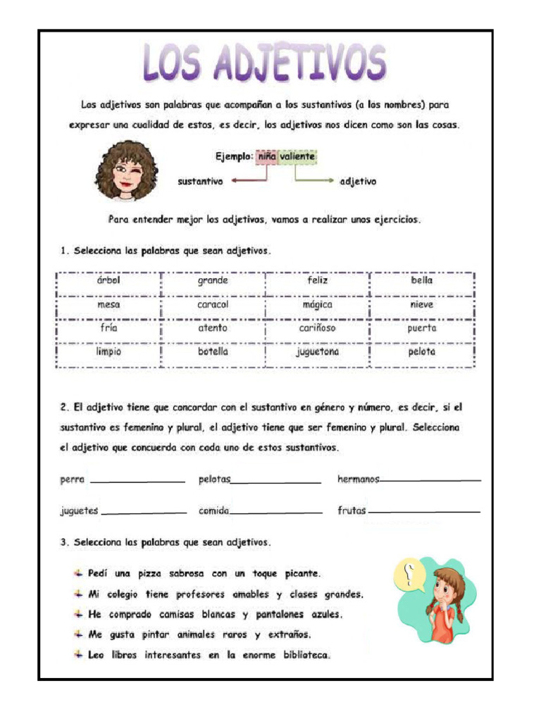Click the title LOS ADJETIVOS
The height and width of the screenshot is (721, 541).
tap(266, 64)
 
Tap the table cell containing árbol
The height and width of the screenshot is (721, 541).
tap(108, 280)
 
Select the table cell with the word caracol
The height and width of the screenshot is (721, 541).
tap(213, 305)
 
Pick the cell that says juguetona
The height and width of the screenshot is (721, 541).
tap(317, 351)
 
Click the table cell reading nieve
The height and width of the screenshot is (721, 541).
tap(421, 305)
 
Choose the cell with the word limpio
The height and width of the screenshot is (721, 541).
tap(108, 351)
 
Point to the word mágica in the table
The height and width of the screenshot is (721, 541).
tap(317, 305)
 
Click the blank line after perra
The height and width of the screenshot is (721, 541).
tap(137, 481)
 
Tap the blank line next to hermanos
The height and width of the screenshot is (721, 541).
tap(430, 481)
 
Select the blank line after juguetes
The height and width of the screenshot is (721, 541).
tap(144, 513)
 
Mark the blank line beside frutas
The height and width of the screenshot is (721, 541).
tap(424, 512)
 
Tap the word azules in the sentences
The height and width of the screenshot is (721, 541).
tap(325, 615)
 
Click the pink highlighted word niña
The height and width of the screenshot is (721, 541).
tap(266, 157)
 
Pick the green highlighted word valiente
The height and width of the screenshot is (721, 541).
tap(297, 157)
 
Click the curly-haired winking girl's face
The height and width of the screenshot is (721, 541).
tap(127, 170)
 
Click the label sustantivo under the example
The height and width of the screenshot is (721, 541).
tap(200, 182)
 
